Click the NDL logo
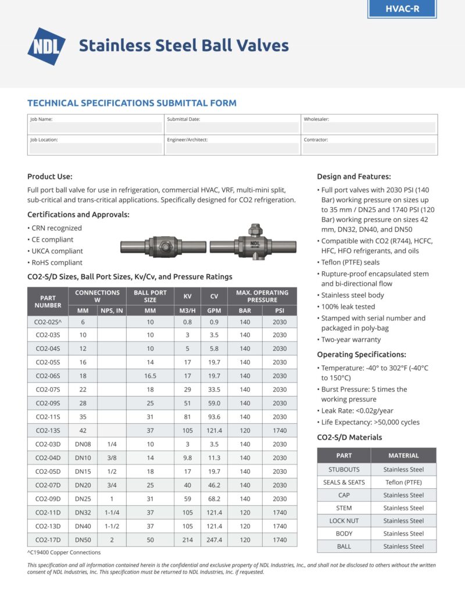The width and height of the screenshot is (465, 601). [x=46, y=46]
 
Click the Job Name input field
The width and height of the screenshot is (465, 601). [x=96, y=127]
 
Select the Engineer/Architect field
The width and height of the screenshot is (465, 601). [x=233, y=148]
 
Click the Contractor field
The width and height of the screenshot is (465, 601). [x=369, y=148]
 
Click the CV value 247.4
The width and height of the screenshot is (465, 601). [x=214, y=539]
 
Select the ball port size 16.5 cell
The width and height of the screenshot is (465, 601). [x=151, y=376]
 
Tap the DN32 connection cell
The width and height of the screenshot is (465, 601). [x=83, y=512]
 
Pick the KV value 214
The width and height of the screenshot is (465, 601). [x=187, y=539]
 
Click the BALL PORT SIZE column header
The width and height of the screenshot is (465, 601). [x=151, y=296]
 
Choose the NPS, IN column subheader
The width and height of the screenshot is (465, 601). [x=112, y=311]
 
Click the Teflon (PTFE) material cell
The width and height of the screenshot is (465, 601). [x=403, y=482]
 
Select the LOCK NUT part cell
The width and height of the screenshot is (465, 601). [x=344, y=521]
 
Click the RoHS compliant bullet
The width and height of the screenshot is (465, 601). [x=58, y=262]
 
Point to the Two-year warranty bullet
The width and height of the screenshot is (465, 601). [x=351, y=339]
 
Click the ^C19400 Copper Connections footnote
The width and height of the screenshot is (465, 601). [x=64, y=552]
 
